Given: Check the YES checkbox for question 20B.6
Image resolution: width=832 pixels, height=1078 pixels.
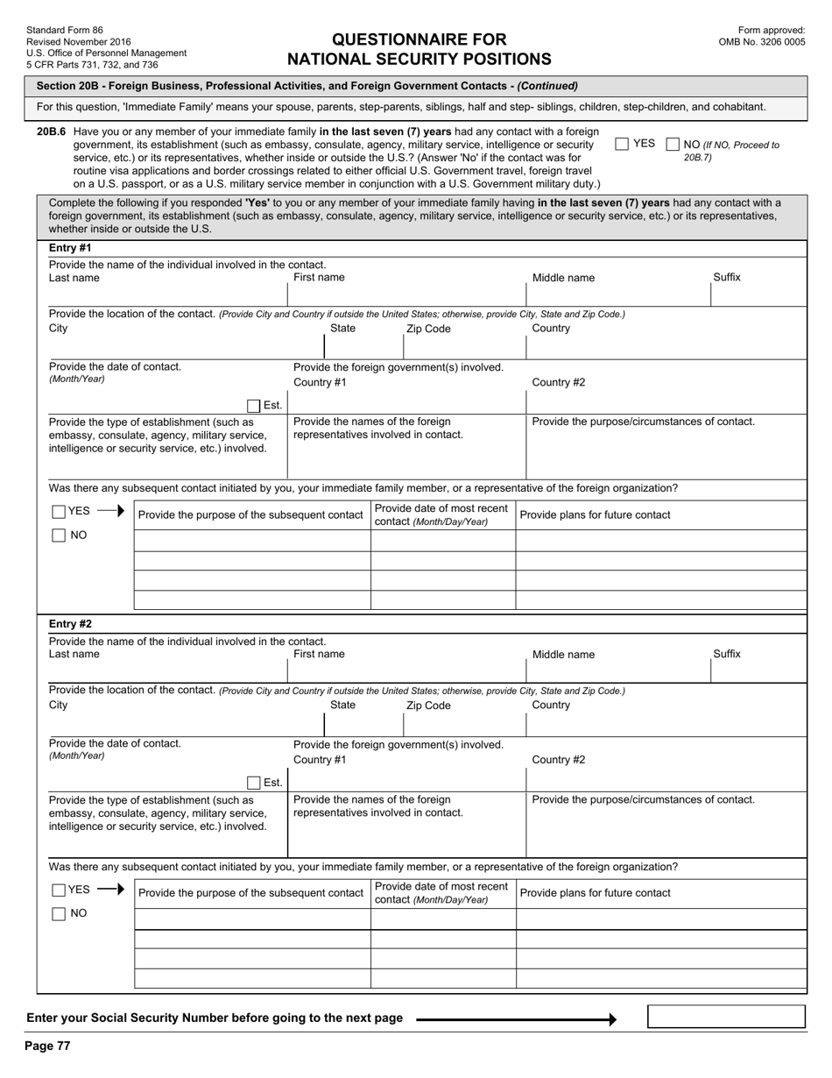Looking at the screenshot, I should click(622, 144).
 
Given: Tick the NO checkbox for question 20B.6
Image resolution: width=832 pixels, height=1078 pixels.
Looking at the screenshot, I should click(673, 144).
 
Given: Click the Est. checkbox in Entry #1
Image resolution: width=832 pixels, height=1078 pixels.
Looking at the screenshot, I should click(253, 406).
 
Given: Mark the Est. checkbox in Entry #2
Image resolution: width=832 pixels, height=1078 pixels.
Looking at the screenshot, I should click(253, 783).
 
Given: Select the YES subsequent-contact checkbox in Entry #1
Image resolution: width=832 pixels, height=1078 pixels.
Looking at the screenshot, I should click(59, 512).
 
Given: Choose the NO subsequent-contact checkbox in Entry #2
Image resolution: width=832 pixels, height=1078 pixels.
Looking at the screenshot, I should click(59, 914).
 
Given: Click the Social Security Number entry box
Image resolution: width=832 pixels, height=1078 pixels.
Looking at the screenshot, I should click(725, 1017).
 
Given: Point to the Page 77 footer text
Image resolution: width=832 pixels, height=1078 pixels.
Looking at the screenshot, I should click(47, 1046).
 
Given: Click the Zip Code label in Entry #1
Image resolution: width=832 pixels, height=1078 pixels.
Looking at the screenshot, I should click(428, 329).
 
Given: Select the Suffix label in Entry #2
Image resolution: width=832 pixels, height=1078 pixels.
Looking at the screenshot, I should click(726, 654).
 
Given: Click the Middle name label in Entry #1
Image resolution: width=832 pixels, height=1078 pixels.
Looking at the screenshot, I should click(563, 278).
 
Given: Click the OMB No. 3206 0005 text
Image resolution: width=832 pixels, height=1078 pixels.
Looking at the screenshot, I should click(761, 41).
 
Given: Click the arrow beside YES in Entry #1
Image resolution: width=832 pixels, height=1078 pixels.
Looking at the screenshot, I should click(109, 512).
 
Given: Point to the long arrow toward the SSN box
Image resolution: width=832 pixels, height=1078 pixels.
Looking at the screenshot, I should click(516, 1018).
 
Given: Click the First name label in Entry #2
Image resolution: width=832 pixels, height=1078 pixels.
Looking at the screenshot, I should click(319, 654).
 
